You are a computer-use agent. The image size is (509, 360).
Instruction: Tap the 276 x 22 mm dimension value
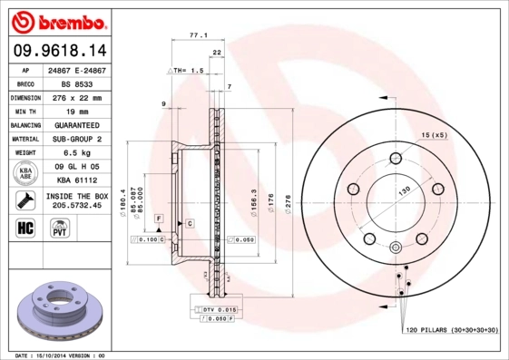coord(76,97)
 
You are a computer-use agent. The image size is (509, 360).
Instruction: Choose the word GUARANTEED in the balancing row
coord(76,125)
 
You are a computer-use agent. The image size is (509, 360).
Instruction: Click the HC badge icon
coord(25,227)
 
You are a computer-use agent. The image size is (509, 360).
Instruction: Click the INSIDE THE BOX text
coord(76,196)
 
